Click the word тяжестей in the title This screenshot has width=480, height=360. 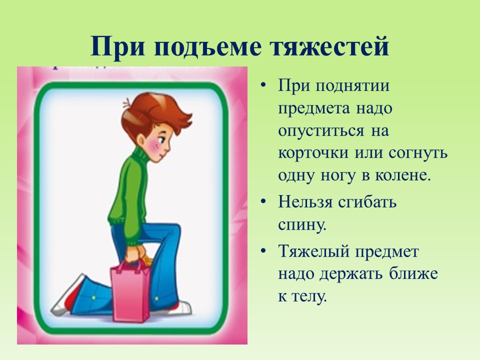pos(329,46)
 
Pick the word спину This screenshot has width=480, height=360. pos(302,225)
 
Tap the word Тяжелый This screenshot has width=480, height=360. pos(314,251)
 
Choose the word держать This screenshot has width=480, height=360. pos(351,273)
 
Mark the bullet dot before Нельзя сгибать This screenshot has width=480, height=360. pos(263,201)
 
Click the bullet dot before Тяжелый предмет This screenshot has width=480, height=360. pos(263,250)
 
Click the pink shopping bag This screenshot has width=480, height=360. pos(130,290)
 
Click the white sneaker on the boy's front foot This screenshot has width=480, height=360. pos(180,308)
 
